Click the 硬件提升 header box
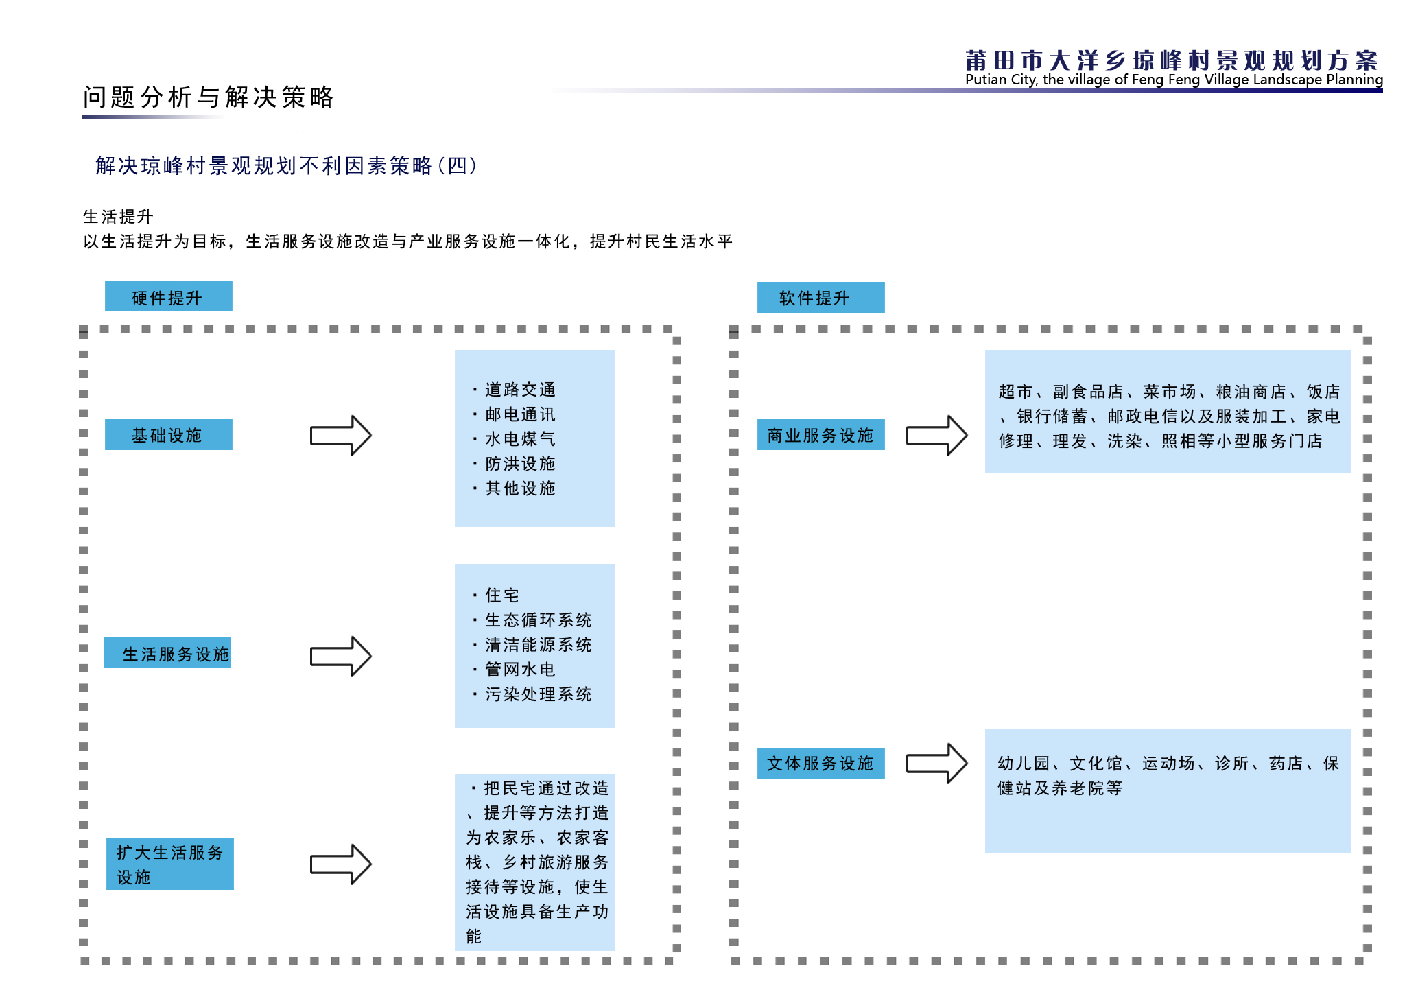tap(168, 296)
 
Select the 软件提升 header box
tap(820, 298)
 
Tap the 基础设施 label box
tap(168, 435)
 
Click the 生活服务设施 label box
tap(167, 652)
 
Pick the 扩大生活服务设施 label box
tap(169, 864)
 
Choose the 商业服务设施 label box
tap(820, 435)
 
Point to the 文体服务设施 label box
tap(820, 763)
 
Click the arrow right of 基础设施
tap(341, 435)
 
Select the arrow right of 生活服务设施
tap(341, 657)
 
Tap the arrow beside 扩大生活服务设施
tap(341, 864)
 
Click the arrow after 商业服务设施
tap(937, 435)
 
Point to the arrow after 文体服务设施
tap(937, 763)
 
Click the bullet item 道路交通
tap(514, 390)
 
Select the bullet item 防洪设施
tap(514, 464)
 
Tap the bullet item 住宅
tap(495, 595)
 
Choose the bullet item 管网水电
tap(514, 670)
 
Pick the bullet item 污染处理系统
tap(532, 694)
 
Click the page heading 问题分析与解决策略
tap(208, 97)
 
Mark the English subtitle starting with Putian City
tap(1174, 80)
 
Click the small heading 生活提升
tap(118, 217)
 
